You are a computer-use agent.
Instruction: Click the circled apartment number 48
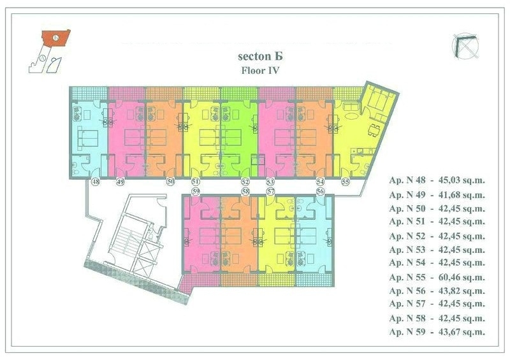pos(95,182)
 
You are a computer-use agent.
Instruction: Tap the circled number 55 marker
pos(346,182)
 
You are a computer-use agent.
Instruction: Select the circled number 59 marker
pos(195,192)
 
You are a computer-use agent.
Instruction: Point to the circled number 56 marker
pos(321,191)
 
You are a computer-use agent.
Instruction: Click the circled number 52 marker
pos(245,182)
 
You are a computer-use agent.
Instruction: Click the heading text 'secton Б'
pos(260,56)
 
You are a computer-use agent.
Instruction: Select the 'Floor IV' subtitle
pos(260,71)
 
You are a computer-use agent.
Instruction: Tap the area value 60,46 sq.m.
pos(462,277)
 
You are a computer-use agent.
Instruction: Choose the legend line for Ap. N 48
pos(437,180)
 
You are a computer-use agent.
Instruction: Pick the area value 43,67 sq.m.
pos(462,332)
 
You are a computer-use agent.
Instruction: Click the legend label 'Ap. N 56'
pos(407,291)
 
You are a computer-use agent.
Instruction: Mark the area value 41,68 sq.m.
pos(462,195)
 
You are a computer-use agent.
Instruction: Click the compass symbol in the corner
pos(466,46)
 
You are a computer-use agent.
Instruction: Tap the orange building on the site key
pos(56,38)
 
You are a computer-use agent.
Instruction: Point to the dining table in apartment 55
pos(374,130)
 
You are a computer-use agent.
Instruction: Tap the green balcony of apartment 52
pos(240,94)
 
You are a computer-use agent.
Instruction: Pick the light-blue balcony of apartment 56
pos(314,280)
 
